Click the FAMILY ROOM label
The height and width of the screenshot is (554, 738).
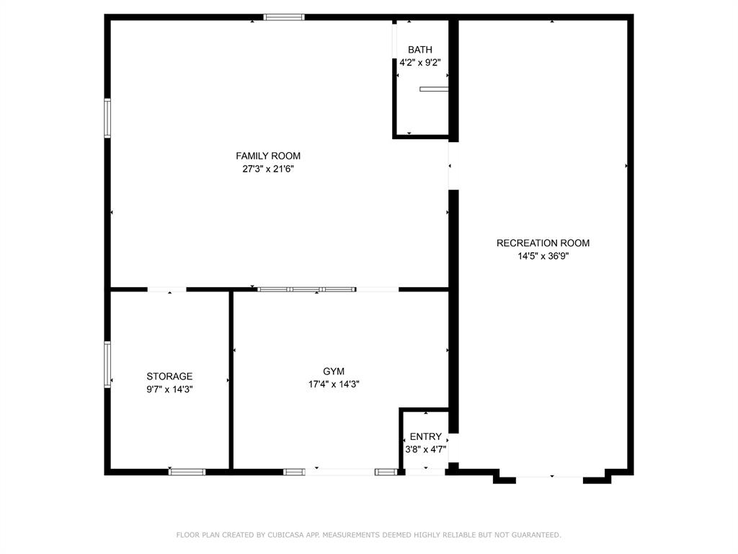point(268,156)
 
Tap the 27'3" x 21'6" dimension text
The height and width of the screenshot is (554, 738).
point(268,169)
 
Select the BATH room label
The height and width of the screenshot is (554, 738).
point(420,50)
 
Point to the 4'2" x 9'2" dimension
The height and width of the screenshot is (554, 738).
point(420,63)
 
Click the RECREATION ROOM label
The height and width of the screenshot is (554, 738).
point(543,243)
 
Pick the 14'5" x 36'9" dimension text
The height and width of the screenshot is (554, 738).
point(543,255)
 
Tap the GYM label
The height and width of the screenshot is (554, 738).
point(334,371)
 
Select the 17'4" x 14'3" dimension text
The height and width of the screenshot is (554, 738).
point(334,384)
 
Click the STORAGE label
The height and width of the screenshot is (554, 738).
point(169,377)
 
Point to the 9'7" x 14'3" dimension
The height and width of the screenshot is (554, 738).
point(169,390)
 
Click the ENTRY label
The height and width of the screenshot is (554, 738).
point(425,437)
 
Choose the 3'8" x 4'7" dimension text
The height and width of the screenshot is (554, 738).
point(425,449)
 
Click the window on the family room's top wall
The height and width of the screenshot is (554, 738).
point(284,17)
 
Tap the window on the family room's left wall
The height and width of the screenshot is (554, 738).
point(107,118)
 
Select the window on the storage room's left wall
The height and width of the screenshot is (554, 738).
point(107,364)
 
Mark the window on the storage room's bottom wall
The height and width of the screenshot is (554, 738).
point(187,472)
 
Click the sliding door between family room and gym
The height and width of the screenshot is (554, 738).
point(307,289)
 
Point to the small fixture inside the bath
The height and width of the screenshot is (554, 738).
point(434,89)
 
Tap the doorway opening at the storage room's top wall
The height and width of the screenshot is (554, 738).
point(166,289)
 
